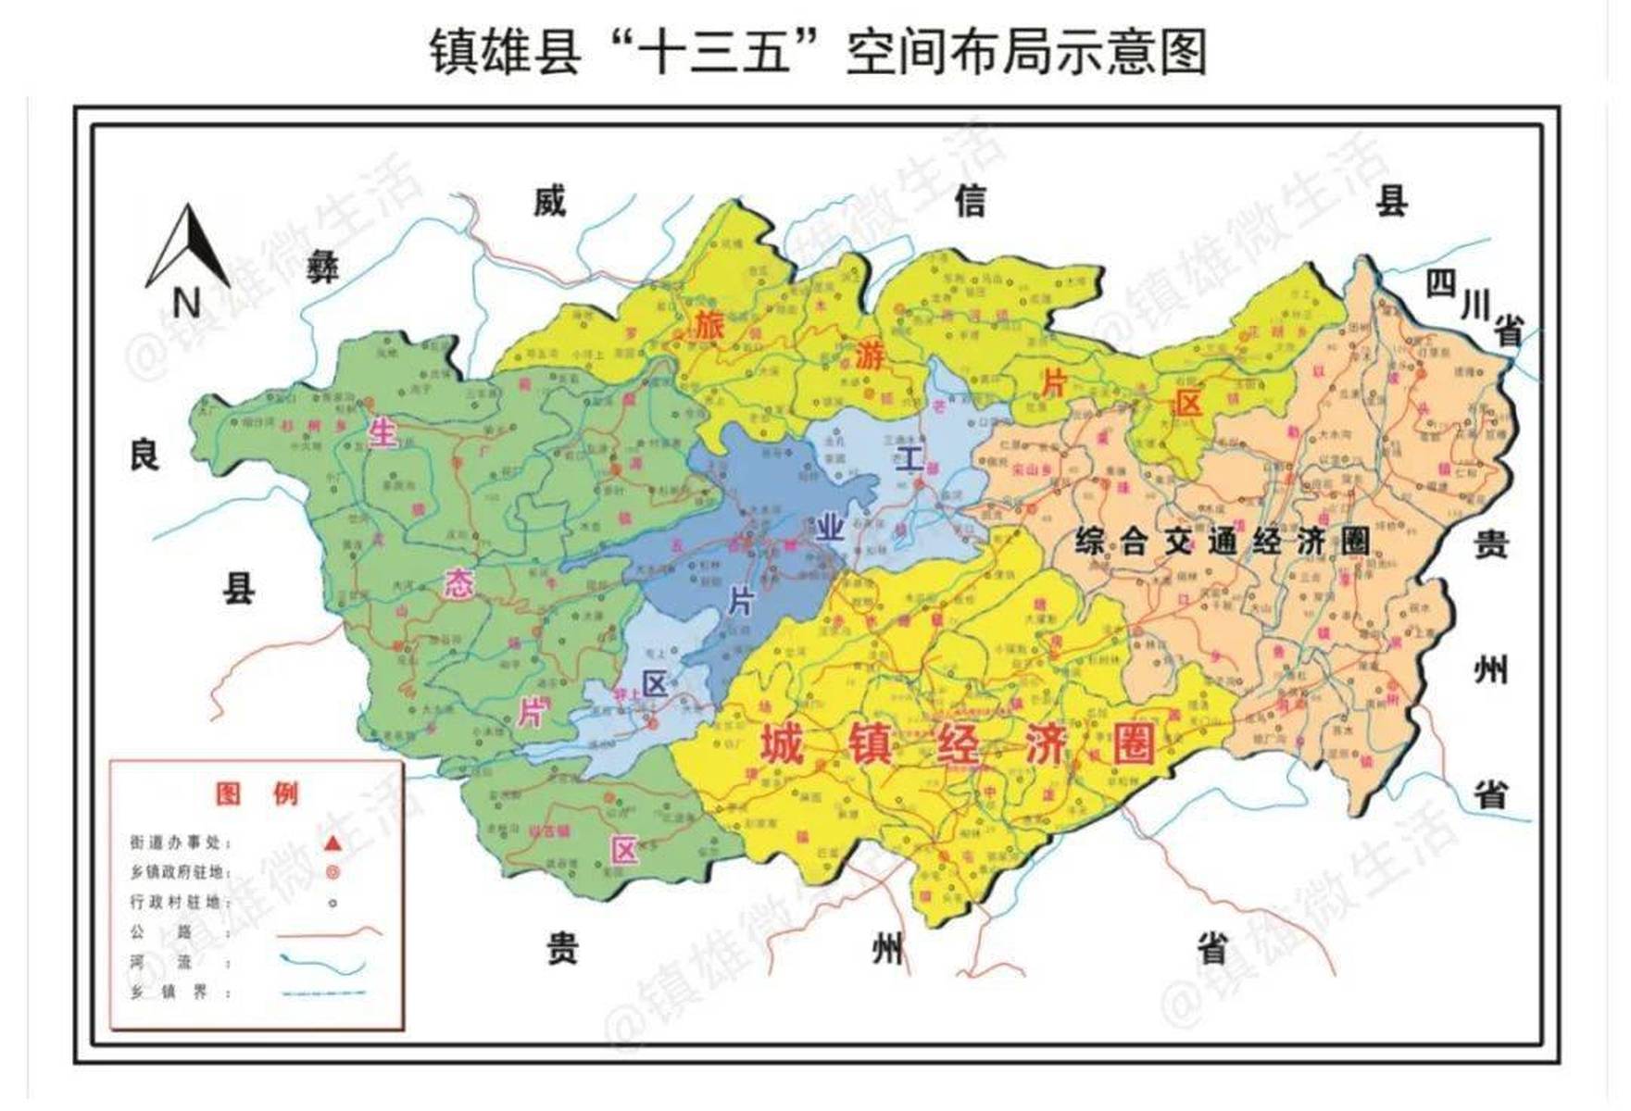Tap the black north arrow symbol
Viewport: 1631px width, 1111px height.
click(x=189, y=247)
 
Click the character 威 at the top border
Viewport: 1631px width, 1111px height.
click(x=549, y=201)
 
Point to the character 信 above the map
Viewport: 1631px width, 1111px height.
click(x=970, y=201)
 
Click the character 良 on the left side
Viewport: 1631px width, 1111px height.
click(x=144, y=455)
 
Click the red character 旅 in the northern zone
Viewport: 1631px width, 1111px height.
click(x=709, y=326)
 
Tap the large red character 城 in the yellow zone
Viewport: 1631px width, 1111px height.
click(x=781, y=743)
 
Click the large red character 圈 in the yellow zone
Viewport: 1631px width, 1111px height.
click(x=1134, y=743)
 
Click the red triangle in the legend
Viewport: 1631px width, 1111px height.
click(x=332, y=843)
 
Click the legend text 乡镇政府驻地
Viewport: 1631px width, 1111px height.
click(x=179, y=872)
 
